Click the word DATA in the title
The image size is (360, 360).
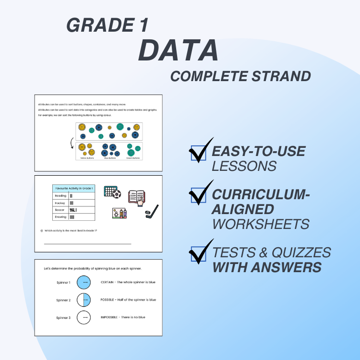point(178,50)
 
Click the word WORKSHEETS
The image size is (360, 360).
point(261,224)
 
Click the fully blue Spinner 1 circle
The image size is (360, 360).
point(85,282)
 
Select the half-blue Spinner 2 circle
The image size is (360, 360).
point(85,300)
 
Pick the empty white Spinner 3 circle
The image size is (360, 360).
point(85,317)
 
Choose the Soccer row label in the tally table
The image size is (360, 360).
point(60,210)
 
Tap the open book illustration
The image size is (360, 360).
point(136,197)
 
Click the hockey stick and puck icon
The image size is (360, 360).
point(152,210)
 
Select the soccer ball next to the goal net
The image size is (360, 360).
point(118,194)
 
